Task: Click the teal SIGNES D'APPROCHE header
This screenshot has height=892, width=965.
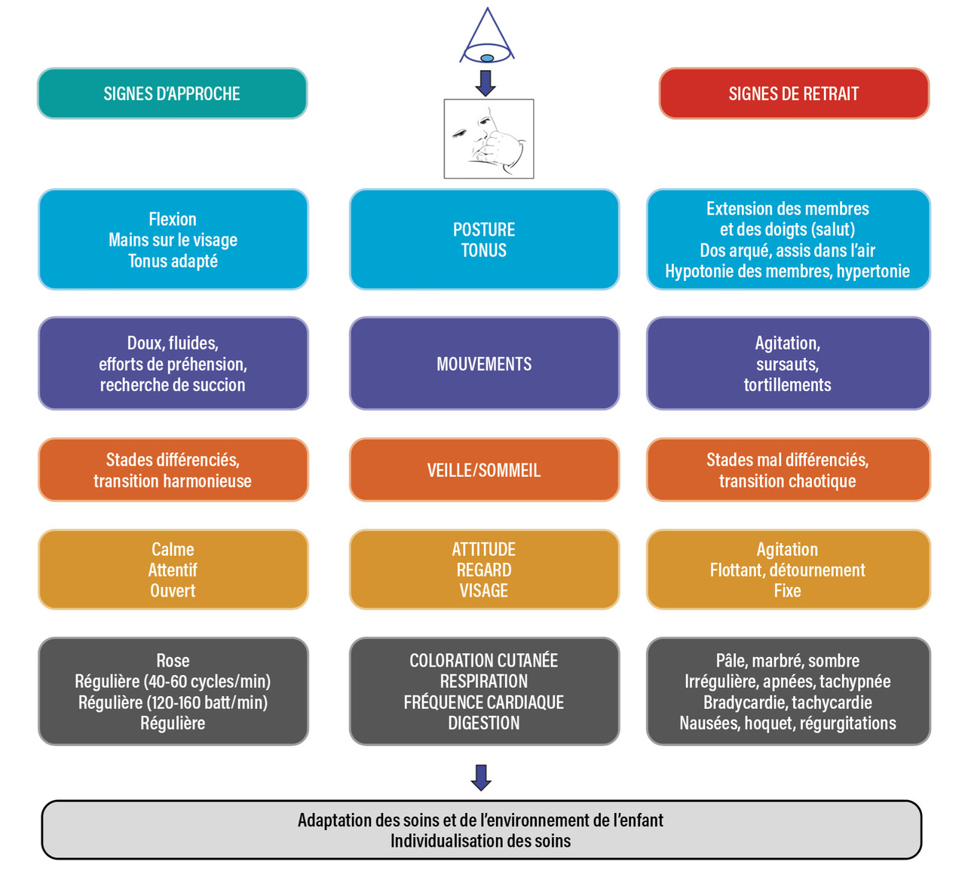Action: (x=172, y=93)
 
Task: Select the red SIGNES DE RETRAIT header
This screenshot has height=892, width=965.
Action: (x=793, y=93)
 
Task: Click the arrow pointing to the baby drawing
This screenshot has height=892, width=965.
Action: (x=486, y=83)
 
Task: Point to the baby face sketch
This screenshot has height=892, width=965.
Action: (x=489, y=139)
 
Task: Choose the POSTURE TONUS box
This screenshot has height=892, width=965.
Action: (x=484, y=240)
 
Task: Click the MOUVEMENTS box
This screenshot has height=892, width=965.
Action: (x=484, y=364)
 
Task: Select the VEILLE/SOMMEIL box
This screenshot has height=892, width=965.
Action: (x=484, y=470)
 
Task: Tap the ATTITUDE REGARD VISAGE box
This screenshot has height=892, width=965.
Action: (x=484, y=570)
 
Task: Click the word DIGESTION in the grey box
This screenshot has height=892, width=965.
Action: (x=484, y=723)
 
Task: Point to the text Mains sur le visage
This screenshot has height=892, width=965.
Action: (x=173, y=240)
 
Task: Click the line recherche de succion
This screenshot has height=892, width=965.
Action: (x=173, y=385)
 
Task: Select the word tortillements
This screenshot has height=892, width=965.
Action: (x=787, y=385)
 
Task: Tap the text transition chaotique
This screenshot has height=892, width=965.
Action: (x=787, y=481)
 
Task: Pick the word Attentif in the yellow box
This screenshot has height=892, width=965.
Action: (x=173, y=570)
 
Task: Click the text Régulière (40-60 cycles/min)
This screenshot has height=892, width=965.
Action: (x=173, y=682)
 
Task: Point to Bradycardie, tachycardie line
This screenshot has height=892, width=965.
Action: (x=787, y=703)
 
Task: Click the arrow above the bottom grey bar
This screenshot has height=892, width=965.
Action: (x=481, y=777)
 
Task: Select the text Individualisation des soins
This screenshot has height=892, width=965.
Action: (x=481, y=841)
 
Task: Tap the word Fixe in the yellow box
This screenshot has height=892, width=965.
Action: (x=787, y=591)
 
